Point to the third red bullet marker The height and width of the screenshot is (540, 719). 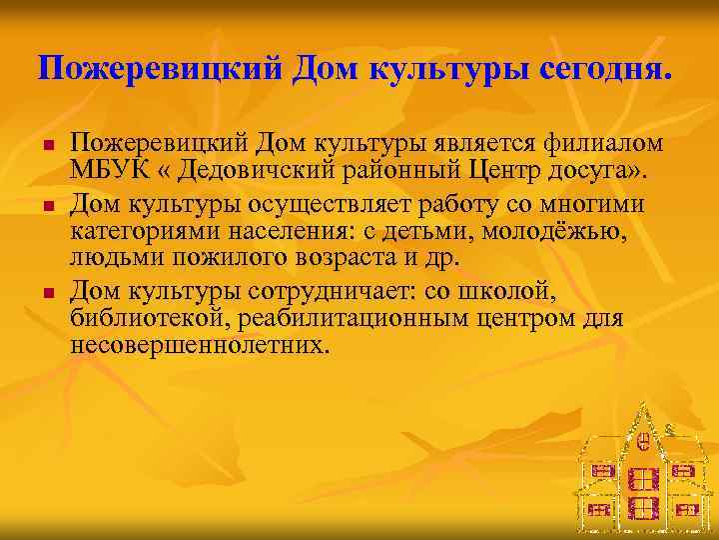[x=47, y=293]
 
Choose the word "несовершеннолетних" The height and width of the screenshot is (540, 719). [x=199, y=346]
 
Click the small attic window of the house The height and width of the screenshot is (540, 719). [x=644, y=437]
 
